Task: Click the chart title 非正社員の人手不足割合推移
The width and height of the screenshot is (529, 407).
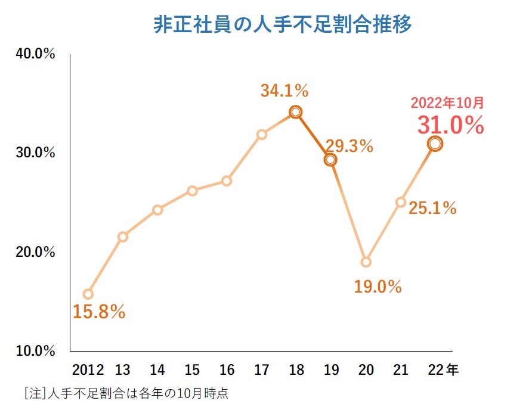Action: coord(283,26)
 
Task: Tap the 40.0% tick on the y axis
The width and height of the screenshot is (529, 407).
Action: coord(35,54)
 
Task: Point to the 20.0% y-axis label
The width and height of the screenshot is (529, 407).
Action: coord(35,252)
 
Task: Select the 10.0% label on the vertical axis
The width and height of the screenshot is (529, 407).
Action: coord(35,350)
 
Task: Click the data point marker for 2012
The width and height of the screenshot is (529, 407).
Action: coord(88,294)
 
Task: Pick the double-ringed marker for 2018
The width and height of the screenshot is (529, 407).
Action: coord(295,112)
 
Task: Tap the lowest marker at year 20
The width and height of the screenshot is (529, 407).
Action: coord(366,262)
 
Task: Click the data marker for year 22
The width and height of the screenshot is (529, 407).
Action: coord(435,144)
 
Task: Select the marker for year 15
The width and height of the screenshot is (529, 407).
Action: coord(192,191)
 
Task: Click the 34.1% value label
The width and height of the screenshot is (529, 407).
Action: coord(284,91)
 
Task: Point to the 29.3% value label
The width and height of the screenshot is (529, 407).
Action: coord(349,146)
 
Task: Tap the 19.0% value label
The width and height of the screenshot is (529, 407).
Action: coord(378,287)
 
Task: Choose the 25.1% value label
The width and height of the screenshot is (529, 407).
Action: coord(432,208)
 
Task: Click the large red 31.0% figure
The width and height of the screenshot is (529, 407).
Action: coord(450,125)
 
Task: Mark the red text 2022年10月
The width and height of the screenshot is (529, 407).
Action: coord(447,102)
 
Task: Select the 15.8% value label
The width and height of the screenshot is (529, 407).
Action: coord(99,312)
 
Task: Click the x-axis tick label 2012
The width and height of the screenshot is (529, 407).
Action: coord(88,370)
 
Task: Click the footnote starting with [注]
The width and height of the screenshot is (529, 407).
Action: coord(127,393)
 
